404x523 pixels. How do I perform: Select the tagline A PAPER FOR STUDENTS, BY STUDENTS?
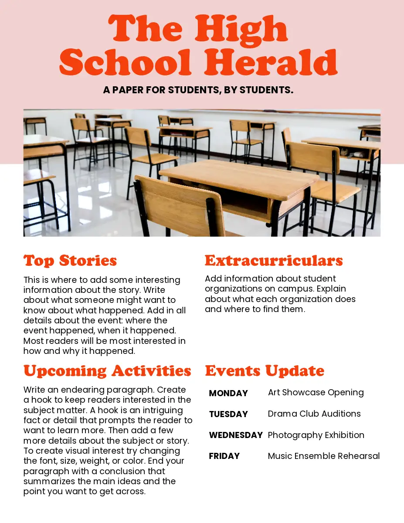tap(198, 90)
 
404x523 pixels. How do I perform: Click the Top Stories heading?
tap(70, 260)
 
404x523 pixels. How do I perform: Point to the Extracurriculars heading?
tap(274, 260)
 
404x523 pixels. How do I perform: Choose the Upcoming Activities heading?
tap(107, 370)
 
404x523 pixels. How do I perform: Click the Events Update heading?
tap(265, 370)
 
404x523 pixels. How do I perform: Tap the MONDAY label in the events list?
tap(228, 393)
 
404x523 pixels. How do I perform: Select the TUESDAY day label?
tap(228, 414)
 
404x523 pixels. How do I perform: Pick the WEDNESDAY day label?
tap(236, 435)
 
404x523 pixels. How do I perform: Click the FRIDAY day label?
tap(224, 456)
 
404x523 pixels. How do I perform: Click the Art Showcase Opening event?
tap(316, 392)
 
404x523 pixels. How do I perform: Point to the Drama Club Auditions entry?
tap(314, 414)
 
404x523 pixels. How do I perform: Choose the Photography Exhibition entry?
tap(316, 435)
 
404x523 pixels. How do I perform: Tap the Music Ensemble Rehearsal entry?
tap(324, 456)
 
